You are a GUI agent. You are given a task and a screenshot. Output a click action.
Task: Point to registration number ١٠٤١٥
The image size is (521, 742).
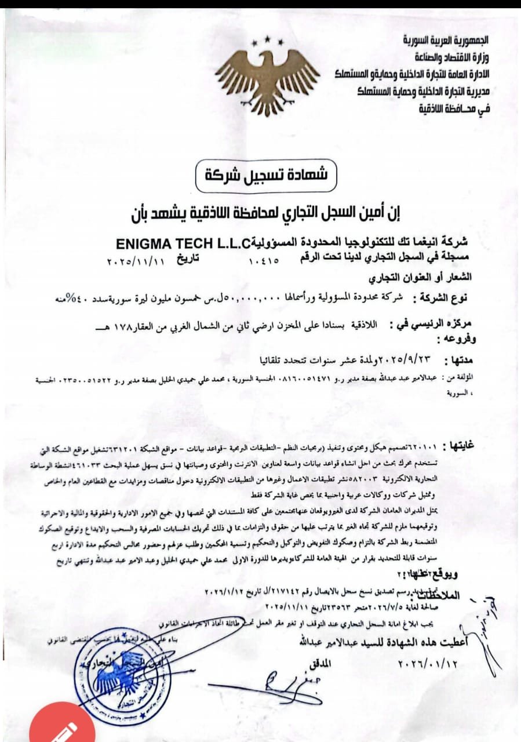click(264, 260)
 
